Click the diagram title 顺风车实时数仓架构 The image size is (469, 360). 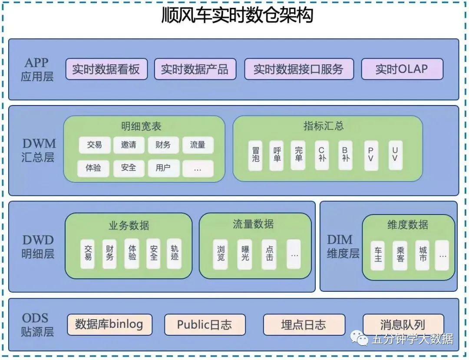pyautogui.click(x=237, y=17)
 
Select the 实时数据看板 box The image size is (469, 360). pyautogui.click(x=106, y=69)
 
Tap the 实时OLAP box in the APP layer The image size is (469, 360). pyautogui.click(x=402, y=69)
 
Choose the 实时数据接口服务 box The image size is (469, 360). pyautogui.click(x=299, y=69)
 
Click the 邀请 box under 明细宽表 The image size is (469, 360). pyautogui.click(x=129, y=145)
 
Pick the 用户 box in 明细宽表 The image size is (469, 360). pyautogui.click(x=163, y=168)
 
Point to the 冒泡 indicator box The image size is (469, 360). pyautogui.click(x=255, y=155)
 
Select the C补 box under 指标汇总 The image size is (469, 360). pyautogui.click(x=322, y=155)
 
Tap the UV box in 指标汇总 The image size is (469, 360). pyautogui.click(x=395, y=155)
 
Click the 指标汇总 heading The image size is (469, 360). pyautogui.click(x=323, y=126)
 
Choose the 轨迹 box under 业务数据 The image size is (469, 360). pyautogui.click(x=174, y=253)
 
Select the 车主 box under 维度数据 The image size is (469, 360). pyautogui.click(x=378, y=255)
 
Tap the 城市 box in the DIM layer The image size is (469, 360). pyautogui.click(x=423, y=255)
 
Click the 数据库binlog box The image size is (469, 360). pyautogui.click(x=109, y=324)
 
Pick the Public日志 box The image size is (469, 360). pyautogui.click(x=205, y=325)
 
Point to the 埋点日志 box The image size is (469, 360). pyautogui.click(x=304, y=325)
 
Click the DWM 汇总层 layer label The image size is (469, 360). pyautogui.click(x=38, y=150)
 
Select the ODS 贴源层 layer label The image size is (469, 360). pyautogui.click(x=37, y=325)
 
